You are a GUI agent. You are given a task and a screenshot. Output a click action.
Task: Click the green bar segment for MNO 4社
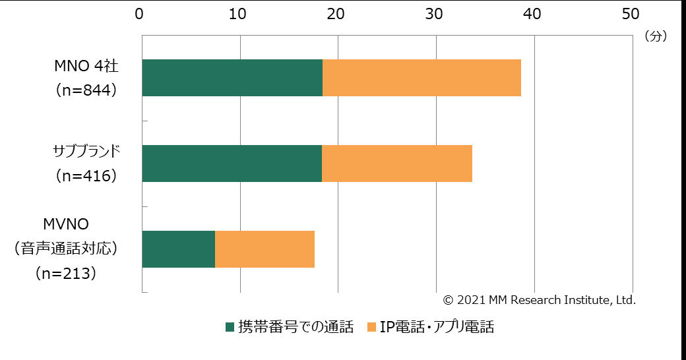click(x=232, y=78)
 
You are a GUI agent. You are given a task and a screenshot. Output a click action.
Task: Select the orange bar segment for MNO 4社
click(x=421, y=78)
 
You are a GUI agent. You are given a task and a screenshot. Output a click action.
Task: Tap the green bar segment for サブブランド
click(x=232, y=164)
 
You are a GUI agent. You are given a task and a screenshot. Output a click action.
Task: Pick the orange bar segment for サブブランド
click(x=397, y=164)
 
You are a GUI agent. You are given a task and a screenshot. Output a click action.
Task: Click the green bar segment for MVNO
click(x=179, y=249)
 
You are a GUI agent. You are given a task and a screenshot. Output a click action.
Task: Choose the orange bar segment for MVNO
click(x=265, y=249)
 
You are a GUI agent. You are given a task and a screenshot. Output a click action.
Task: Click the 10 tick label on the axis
click(x=238, y=13)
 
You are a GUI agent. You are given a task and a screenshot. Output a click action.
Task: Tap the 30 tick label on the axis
click(x=434, y=13)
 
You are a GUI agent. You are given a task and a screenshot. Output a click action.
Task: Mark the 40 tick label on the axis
click(x=532, y=13)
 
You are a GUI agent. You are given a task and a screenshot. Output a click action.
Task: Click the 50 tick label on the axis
click(x=631, y=13)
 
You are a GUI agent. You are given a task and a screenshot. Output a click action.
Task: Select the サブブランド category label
click(x=86, y=152)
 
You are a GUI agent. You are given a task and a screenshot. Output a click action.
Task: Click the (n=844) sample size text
click(x=86, y=90)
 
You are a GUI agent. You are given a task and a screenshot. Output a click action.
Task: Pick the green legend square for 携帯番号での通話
click(x=230, y=326)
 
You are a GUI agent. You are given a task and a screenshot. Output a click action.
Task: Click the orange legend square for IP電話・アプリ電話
click(x=371, y=326)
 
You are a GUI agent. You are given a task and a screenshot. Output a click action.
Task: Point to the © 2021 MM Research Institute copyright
click(x=539, y=300)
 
